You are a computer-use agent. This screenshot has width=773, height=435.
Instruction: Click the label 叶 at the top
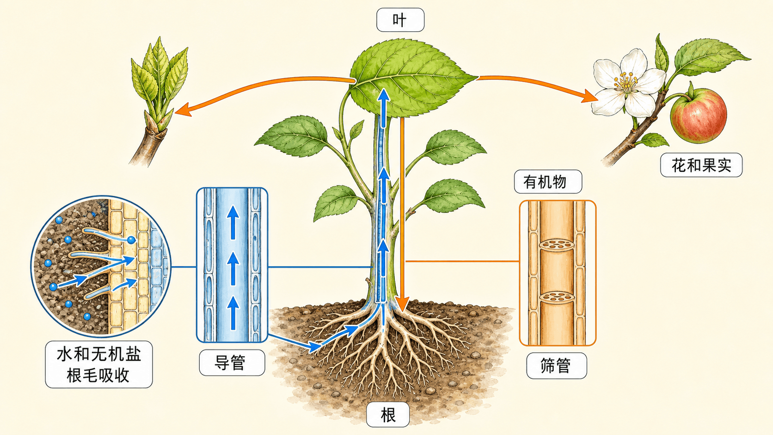pos(400,20)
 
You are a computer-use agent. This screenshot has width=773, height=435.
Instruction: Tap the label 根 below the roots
pos(388,415)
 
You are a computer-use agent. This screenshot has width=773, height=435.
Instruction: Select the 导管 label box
pos(232,362)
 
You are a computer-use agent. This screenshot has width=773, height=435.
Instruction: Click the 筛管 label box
pos(556,366)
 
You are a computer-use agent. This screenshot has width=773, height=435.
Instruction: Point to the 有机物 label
pos(548,182)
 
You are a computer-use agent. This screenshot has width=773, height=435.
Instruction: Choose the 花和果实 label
pos(701,165)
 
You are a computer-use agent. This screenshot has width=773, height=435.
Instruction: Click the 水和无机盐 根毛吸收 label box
pos(98,364)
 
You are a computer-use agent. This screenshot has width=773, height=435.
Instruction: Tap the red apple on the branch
pos(698,115)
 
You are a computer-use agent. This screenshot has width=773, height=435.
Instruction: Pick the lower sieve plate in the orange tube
pos(557,297)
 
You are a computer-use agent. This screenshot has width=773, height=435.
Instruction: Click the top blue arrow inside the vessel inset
pos(233,222)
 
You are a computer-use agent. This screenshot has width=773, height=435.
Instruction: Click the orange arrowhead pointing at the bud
pos(183,110)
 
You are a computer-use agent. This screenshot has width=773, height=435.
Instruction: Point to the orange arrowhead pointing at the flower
pos(589,96)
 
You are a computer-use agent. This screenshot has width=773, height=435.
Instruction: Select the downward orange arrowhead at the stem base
pos(402,304)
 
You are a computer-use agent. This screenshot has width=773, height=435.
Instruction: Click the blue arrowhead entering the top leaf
pos(383,95)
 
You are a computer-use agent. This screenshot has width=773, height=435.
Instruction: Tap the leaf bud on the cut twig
pos(158,86)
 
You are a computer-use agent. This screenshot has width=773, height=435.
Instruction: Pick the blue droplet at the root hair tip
pos(131,240)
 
